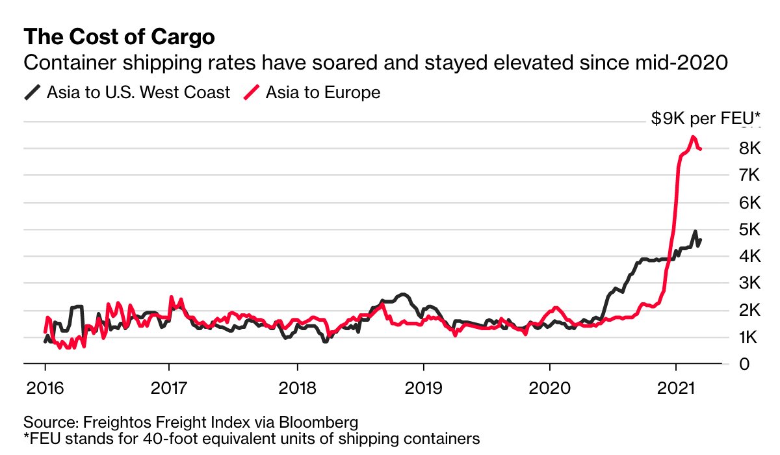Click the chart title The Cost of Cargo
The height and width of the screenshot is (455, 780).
point(119,37)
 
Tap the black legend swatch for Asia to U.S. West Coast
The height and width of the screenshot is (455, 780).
point(32,92)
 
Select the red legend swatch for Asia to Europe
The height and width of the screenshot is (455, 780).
point(252,92)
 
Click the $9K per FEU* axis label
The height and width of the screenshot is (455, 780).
point(705,119)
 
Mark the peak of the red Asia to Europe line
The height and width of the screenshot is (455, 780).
point(693,136)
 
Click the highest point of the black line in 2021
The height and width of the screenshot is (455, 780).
point(695,231)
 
